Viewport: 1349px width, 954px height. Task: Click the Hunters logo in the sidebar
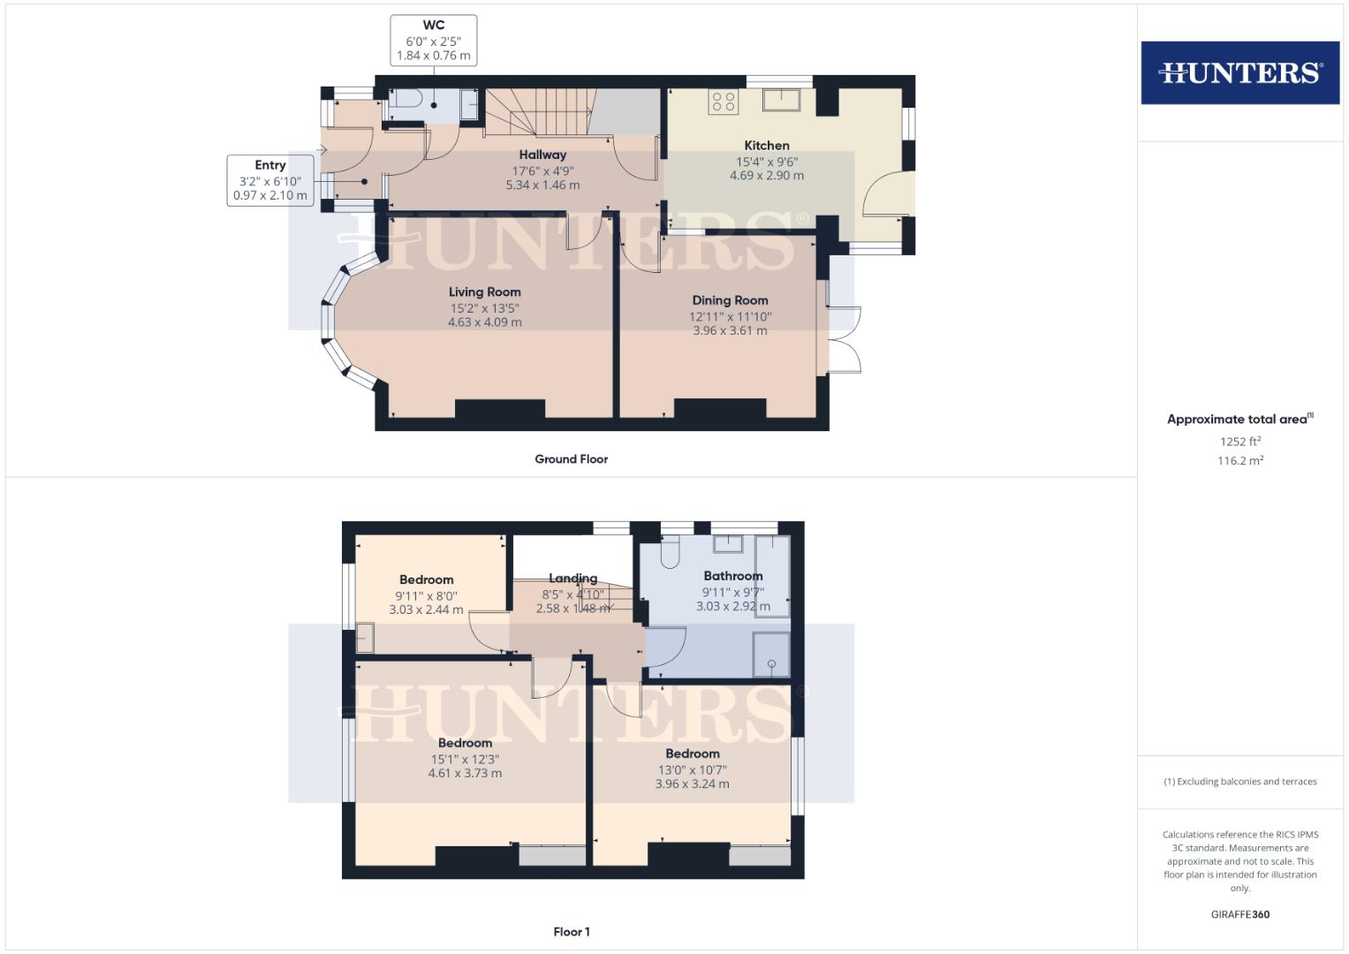[1239, 72]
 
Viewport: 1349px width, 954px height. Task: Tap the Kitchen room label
[767, 146]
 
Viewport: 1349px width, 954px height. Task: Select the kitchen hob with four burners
[724, 102]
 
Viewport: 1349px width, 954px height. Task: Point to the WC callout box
[433, 40]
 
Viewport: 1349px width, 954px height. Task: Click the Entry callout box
[270, 180]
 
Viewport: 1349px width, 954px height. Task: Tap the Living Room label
[484, 292]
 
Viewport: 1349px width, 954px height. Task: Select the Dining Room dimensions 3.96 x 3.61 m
[730, 331]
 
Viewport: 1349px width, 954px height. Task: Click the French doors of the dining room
[845, 339]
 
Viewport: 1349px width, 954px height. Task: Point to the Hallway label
[542, 155]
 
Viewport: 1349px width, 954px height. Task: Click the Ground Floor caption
[571, 459]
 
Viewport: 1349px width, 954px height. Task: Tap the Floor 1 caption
[571, 932]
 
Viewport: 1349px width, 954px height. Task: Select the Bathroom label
[732, 576]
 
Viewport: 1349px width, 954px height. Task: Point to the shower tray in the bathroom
[771, 655]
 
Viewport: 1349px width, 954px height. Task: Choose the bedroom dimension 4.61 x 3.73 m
[465, 774]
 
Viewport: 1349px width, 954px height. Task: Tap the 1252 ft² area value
[1239, 442]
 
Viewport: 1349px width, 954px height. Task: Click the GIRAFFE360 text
[1239, 914]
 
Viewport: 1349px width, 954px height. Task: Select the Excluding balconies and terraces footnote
[1239, 782]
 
